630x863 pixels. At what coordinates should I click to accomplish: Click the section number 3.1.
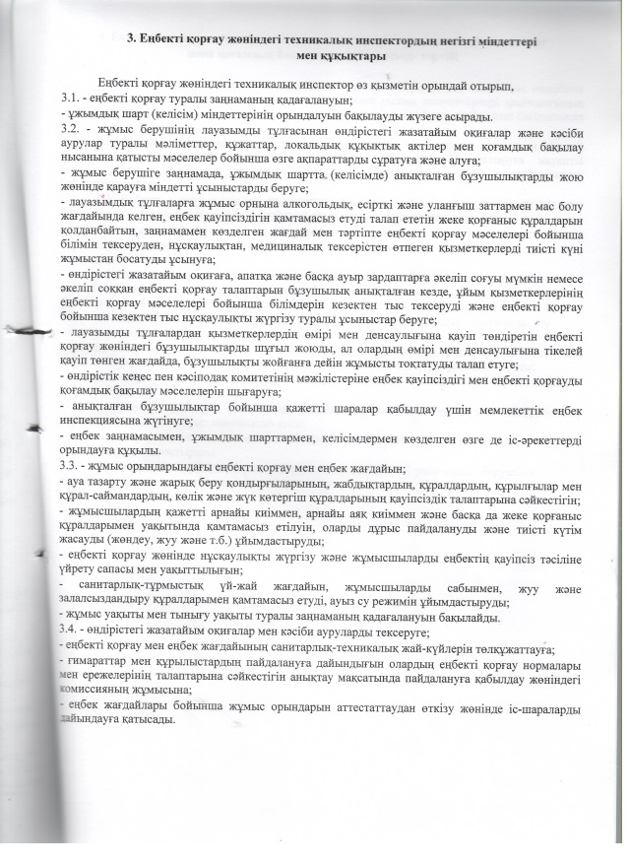tap(71, 101)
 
